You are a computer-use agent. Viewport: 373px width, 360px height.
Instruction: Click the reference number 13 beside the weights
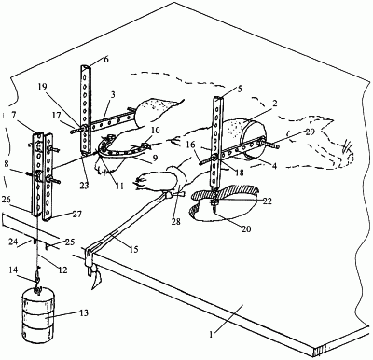tap(84, 312)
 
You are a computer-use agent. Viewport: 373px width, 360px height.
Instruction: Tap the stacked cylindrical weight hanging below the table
tap(37, 316)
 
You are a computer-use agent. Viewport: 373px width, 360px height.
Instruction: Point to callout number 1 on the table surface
tap(212, 335)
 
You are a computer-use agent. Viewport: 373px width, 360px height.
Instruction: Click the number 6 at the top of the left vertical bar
tap(106, 60)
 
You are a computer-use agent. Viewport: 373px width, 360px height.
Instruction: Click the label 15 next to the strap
tap(133, 250)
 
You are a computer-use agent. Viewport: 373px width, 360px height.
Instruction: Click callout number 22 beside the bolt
tap(267, 201)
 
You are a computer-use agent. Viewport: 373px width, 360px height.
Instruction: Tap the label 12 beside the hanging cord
tap(62, 270)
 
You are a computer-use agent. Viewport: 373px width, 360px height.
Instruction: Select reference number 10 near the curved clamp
tap(156, 131)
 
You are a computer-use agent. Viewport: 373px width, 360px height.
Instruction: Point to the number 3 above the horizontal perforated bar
tap(113, 94)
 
